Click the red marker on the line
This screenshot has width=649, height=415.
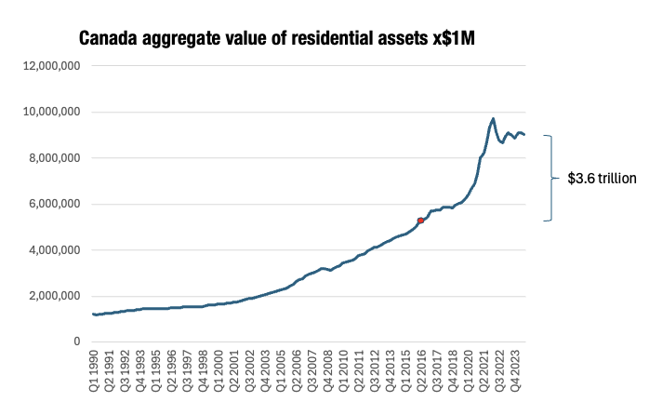421,221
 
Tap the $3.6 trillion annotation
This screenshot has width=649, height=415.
602,179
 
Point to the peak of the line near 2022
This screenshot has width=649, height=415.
493,119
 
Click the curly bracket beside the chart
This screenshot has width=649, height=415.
549,179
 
